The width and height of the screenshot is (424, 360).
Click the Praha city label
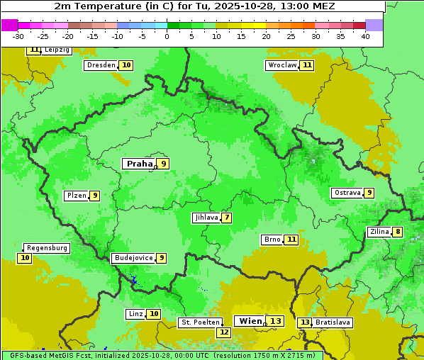(x=139, y=164)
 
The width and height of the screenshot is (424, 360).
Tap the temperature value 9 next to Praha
(x=163, y=164)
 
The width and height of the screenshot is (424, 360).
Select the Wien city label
(x=250, y=321)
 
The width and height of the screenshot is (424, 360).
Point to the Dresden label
(x=101, y=65)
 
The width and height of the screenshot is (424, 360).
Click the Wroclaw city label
(x=281, y=65)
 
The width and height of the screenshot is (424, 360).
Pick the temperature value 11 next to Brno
(x=291, y=240)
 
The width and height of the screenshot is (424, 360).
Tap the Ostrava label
(x=347, y=193)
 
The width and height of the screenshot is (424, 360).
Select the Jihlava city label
(x=206, y=218)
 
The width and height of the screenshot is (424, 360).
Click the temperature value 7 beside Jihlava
(x=227, y=218)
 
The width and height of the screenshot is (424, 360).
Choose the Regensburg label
(x=47, y=248)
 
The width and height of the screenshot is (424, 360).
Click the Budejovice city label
(x=133, y=258)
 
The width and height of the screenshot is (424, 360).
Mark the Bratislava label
(x=333, y=322)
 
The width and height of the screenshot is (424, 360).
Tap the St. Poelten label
(x=200, y=322)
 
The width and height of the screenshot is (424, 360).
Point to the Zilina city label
(x=379, y=232)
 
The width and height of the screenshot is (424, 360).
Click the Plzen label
(x=76, y=196)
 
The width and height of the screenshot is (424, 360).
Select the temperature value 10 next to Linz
(x=154, y=314)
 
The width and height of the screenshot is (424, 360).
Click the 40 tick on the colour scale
(x=365, y=35)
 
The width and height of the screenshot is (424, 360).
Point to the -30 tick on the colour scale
(x=18, y=35)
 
